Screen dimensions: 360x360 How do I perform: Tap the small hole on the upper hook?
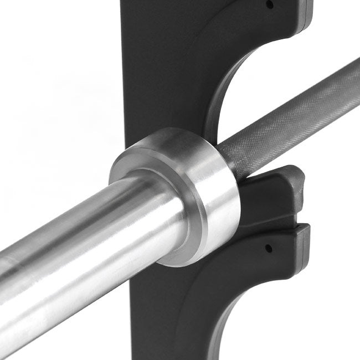click(x=270, y=4)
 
